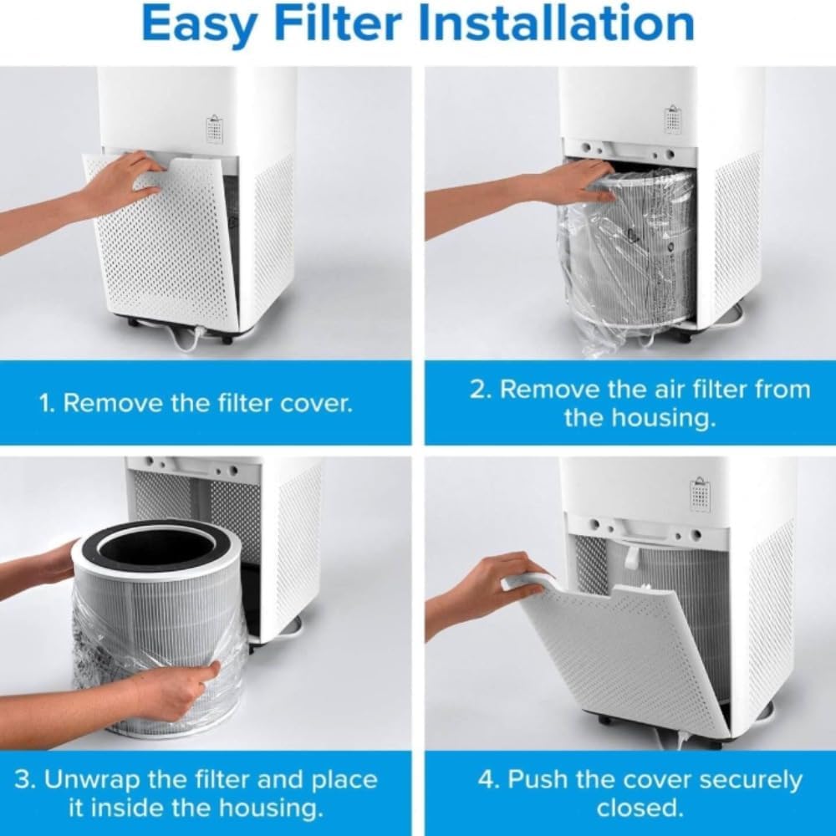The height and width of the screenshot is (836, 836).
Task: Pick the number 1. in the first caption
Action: [x=48, y=404]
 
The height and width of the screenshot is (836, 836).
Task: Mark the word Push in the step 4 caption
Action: [x=534, y=781]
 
